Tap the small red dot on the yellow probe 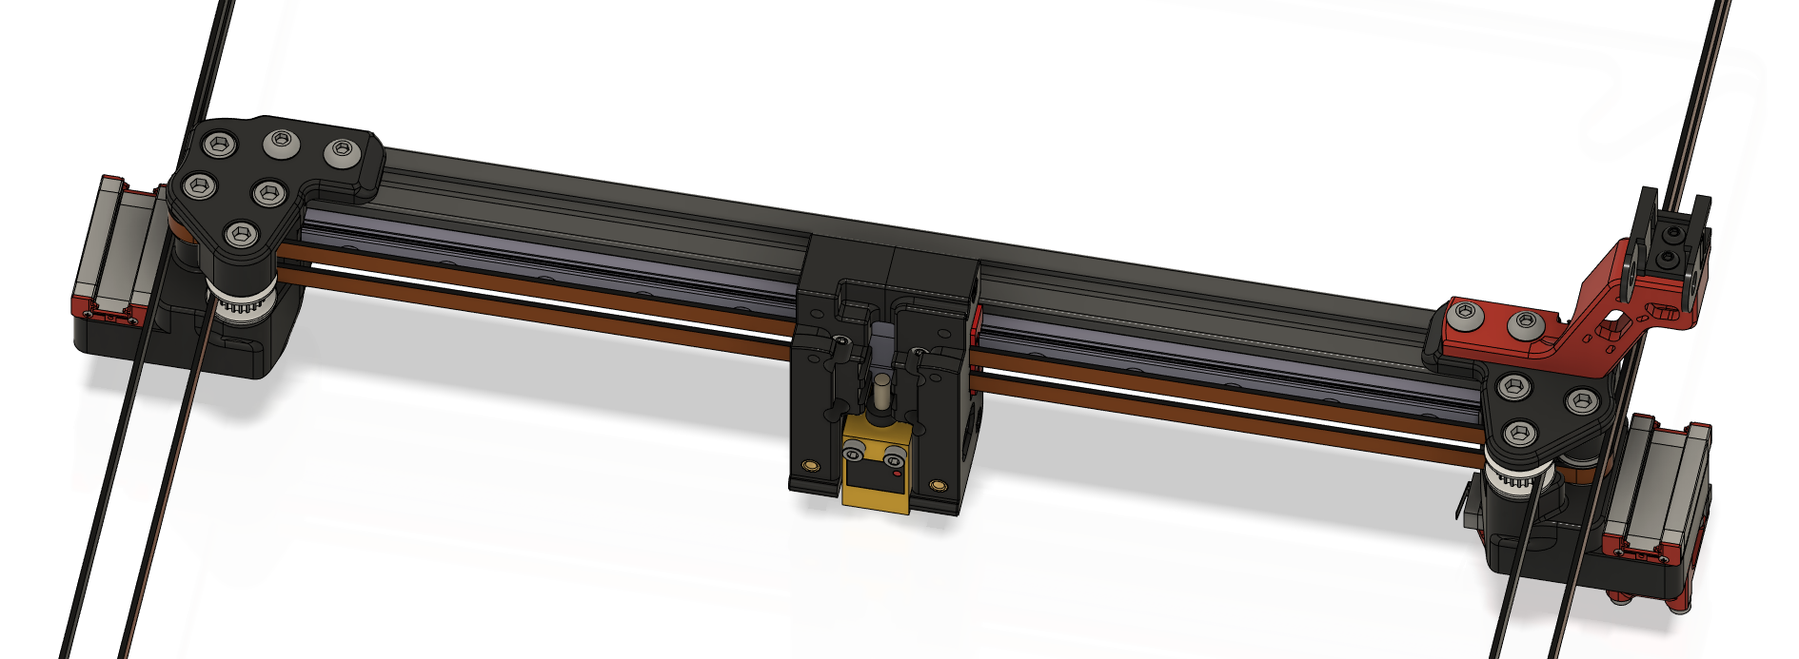pyautogui.click(x=897, y=473)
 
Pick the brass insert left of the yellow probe pyautogui.click(x=810, y=465)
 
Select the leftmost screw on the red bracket pyautogui.click(x=1464, y=311)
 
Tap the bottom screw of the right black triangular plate pyautogui.click(x=1520, y=434)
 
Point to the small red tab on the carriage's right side pyautogui.click(x=976, y=329)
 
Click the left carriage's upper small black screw pyautogui.click(x=840, y=341)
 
